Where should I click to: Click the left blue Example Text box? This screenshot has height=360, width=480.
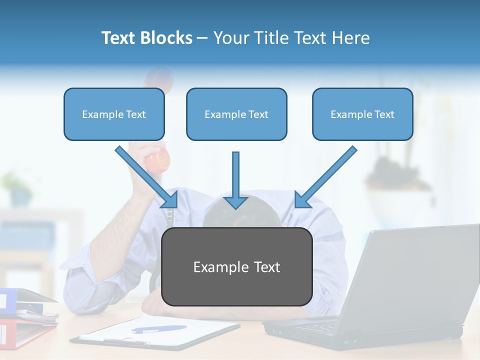[114, 114]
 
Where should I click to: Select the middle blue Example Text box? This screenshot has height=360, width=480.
[236, 114]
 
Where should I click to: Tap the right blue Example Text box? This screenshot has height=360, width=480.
[362, 114]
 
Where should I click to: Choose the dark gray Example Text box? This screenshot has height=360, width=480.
[236, 266]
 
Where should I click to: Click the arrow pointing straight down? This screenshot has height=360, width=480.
[235, 180]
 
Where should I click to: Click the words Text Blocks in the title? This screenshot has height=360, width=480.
[146, 37]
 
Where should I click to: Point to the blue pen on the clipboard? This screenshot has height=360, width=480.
[159, 329]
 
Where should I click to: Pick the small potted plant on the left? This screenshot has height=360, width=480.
[17, 187]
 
